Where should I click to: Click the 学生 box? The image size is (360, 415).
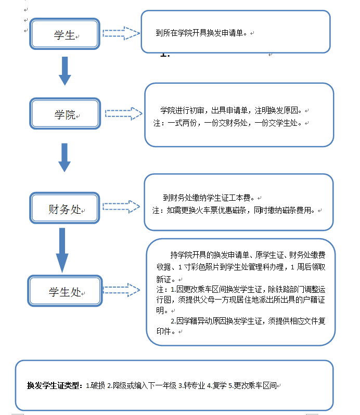(x=65, y=35)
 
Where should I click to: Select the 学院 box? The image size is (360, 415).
(x=65, y=115)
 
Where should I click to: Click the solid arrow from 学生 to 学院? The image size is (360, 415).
(x=65, y=71)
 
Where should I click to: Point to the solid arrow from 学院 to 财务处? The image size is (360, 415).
(x=65, y=158)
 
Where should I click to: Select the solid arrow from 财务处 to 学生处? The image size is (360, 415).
(x=62, y=250)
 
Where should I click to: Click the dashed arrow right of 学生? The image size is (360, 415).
(x=121, y=34)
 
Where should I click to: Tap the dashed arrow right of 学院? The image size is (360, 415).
(x=124, y=114)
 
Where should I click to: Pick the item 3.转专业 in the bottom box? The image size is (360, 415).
(x=191, y=386)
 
